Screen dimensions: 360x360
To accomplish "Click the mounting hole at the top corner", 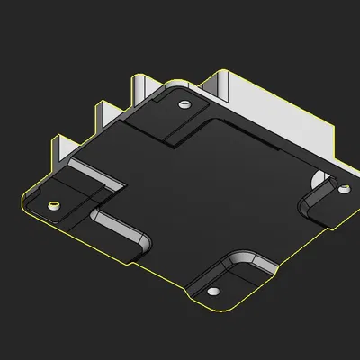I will click(x=184, y=104).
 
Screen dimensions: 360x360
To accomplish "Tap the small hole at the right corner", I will click(x=342, y=190).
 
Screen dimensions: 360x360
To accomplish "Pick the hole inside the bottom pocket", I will click(x=214, y=292).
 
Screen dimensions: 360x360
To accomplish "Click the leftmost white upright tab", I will click(x=63, y=149).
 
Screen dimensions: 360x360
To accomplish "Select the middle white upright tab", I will click(x=103, y=114).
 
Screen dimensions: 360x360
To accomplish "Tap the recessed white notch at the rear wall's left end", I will click(x=217, y=85).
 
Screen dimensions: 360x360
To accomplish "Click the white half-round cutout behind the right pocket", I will click(x=321, y=175).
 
